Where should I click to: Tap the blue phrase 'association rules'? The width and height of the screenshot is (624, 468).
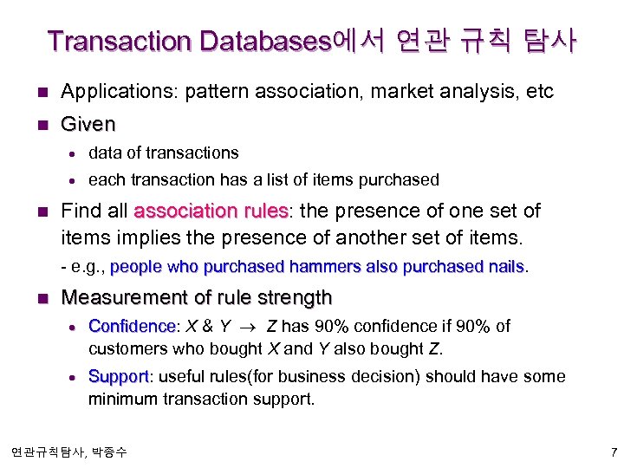tap(211, 211)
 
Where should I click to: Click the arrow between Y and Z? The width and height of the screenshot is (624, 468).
tap(250, 327)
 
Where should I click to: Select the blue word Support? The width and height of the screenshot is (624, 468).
tap(119, 377)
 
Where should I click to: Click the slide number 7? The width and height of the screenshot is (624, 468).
tap(613, 452)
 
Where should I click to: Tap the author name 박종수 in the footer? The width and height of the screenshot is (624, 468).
tap(107, 452)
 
